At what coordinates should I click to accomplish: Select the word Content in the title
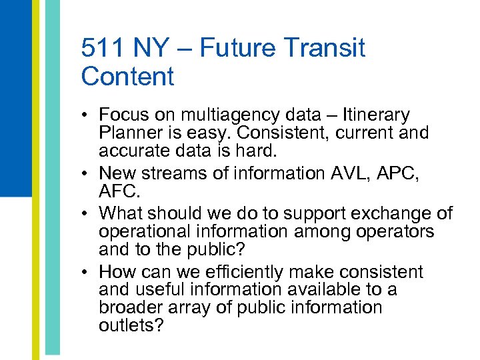point(127,77)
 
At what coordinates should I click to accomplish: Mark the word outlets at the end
point(130,326)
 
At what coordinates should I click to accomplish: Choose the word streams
point(173,173)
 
